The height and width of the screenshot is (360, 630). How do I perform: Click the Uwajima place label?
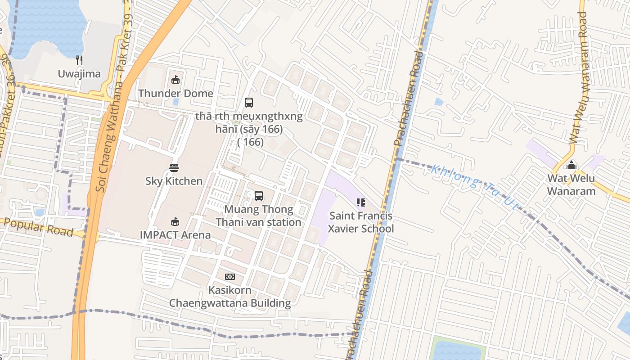[x=79, y=74]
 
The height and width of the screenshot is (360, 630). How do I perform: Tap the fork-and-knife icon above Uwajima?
[x=79, y=60]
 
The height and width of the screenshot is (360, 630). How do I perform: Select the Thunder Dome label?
[x=175, y=93]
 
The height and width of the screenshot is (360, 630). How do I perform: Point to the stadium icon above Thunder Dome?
[x=175, y=80]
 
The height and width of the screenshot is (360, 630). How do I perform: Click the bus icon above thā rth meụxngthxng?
[x=249, y=103]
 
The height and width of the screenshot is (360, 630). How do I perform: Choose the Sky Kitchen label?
[x=174, y=181]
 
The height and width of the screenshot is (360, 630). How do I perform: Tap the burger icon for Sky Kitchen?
[x=174, y=168]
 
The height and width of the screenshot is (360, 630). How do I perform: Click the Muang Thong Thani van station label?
[x=258, y=216]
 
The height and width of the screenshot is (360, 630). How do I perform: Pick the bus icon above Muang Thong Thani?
[x=259, y=196]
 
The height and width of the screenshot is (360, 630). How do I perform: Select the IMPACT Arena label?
[x=175, y=234]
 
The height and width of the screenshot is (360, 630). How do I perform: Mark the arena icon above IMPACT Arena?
[x=175, y=221]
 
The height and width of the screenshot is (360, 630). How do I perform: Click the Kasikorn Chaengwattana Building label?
[x=230, y=297]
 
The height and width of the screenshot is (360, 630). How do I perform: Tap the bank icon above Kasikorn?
[x=230, y=277]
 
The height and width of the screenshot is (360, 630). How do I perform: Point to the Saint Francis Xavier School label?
[x=360, y=222]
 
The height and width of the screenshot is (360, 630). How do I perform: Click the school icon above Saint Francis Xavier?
[x=360, y=202]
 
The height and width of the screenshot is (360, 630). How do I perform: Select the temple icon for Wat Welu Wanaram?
[x=571, y=165]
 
